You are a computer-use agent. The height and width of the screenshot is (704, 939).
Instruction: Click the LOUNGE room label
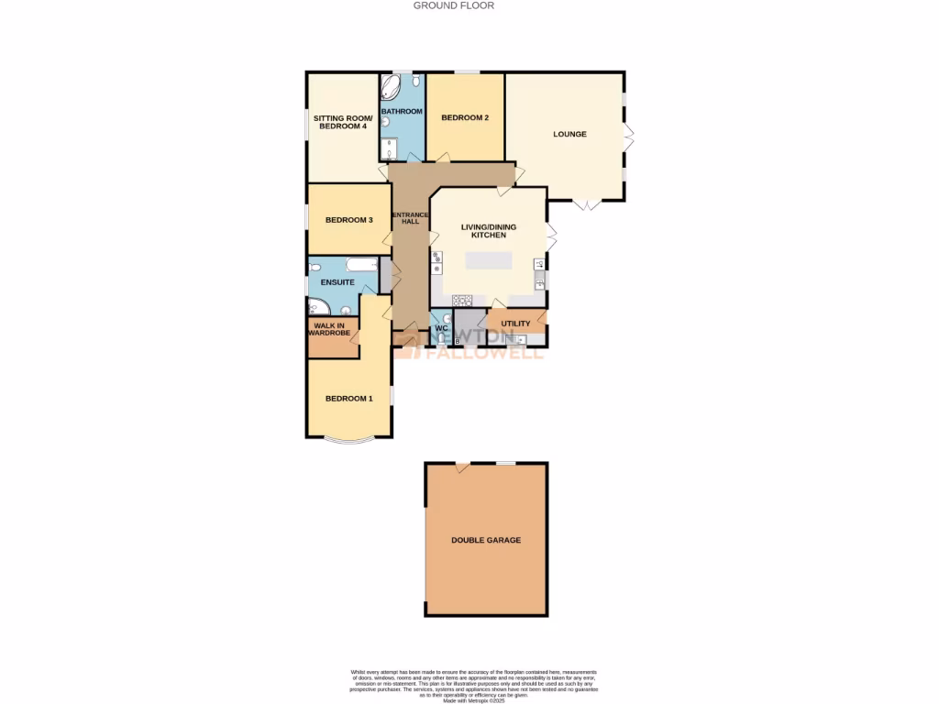(x=569, y=135)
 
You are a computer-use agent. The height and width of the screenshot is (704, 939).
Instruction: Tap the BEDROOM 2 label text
(x=464, y=118)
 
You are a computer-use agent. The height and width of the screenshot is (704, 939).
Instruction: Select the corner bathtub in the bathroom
(x=392, y=88)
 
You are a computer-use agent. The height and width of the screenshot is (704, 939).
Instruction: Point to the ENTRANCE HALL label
(x=404, y=217)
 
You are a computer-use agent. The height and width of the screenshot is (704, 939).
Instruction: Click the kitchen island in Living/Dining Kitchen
(x=489, y=260)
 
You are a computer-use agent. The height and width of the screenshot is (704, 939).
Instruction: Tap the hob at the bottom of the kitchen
(x=461, y=299)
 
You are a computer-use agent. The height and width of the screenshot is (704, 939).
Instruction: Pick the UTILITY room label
(x=515, y=324)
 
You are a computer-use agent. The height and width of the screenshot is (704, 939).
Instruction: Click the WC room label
(x=440, y=327)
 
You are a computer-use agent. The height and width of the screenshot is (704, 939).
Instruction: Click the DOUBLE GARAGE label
(x=486, y=540)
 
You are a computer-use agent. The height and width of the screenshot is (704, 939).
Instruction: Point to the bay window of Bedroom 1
(x=348, y=442)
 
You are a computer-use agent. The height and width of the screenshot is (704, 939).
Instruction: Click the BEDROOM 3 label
(x=348, y=220)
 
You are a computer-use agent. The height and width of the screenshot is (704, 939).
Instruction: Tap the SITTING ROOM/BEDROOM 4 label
(x=340, y=122)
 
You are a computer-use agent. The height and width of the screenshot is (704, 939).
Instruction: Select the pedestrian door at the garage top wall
(x=464, y=467)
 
